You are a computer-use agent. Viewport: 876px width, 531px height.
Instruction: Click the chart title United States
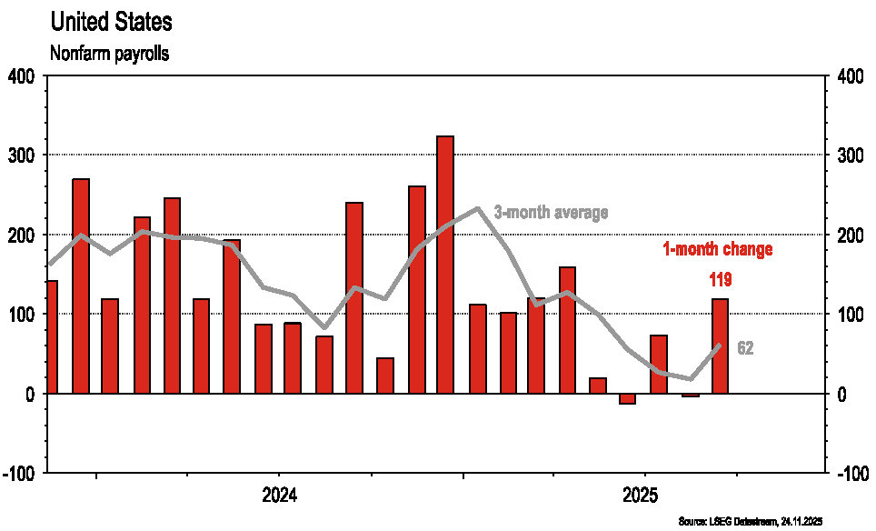pyautogui.click(x=111, y=21)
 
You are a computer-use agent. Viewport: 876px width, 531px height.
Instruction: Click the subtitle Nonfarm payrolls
pyautogui.click(x=110, y=55)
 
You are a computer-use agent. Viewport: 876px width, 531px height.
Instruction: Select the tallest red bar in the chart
pyautogui.click(x=444, y=264)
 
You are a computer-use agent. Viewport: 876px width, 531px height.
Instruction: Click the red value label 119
pyautogui.click(x=719, y=279)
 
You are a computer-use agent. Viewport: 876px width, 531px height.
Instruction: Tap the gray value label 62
pyautogui.click(x=744, y=348)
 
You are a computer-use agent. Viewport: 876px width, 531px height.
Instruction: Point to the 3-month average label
pyautogui.click(x=551, y=212)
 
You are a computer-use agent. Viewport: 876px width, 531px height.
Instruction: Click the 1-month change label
pyautogui.click(x=716, y=249)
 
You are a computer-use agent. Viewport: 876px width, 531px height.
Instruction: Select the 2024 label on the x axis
pyautogui.click(x=280, y=496)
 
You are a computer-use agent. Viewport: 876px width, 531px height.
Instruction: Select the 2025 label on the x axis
pyautogui.click(x=643, y=496)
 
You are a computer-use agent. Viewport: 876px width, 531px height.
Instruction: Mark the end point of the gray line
pyautogui.click(x=719, y=345)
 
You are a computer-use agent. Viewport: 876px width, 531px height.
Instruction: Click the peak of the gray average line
pyautogui.click(x=478, y=208)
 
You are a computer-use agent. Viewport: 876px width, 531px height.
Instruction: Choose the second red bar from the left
pyautogui.click(x=81, y=286)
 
